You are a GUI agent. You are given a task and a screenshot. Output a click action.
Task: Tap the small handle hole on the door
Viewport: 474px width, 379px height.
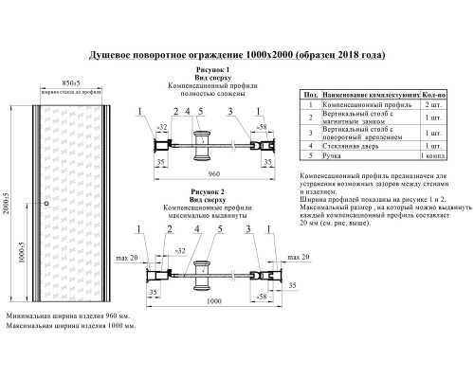coord(44,204)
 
